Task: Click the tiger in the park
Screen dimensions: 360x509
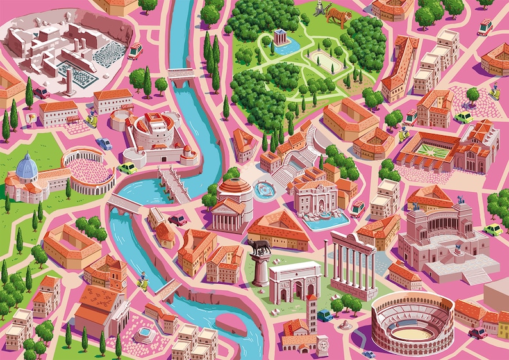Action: click(x=338, y=15)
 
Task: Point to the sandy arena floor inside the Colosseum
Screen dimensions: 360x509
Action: click(x=404, y=334)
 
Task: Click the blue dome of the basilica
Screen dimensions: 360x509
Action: click(x=27, y=168)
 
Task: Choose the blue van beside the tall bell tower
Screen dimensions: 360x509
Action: click(x=325, y=315)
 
